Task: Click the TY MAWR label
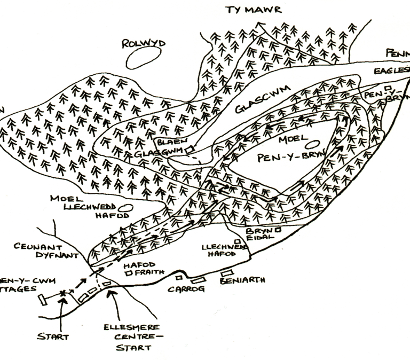click(253, 10)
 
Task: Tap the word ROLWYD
click(144, 43)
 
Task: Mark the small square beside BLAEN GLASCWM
click(188, 150)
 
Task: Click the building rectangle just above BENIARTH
click(226, 274)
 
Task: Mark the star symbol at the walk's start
click(63, 293)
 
